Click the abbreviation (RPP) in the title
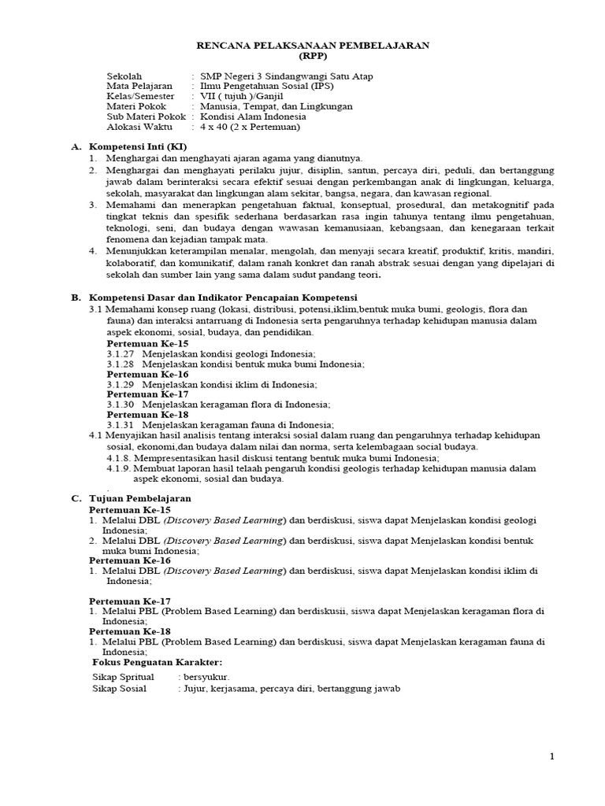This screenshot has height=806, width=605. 313,57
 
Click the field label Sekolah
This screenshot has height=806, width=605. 124,76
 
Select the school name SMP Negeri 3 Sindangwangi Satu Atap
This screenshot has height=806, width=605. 287,76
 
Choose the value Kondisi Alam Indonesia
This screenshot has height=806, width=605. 254,116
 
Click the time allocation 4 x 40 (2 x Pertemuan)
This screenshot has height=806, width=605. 251,127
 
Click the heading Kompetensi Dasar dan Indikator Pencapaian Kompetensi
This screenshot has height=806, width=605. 224,298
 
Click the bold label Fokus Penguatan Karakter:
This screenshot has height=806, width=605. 158,662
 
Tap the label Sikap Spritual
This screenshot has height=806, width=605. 123,677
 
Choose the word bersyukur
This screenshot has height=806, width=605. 206,677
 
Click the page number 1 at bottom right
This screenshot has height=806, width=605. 552,756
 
